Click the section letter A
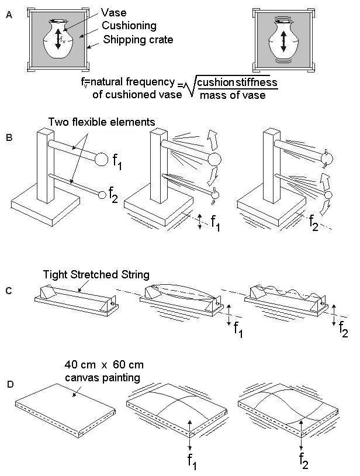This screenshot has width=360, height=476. [8, 16]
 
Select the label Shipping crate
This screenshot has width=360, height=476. [137, 40]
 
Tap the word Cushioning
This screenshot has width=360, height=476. [129, 26]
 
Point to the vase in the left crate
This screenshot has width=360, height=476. [58, 39]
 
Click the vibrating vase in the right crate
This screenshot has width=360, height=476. [282, 41]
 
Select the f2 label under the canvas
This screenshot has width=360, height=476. [302, 457]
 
